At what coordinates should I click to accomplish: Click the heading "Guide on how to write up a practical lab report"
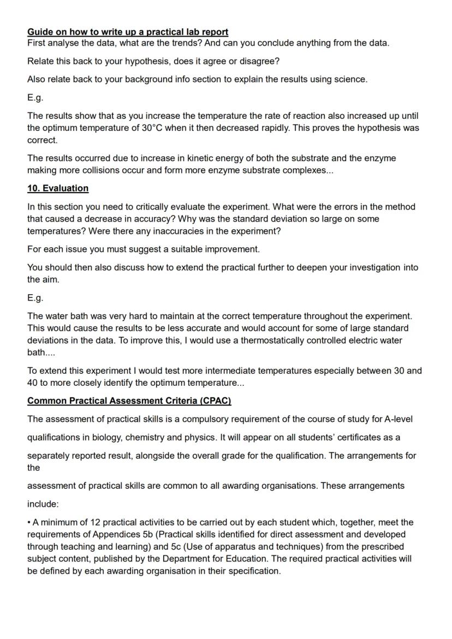click(128, 32)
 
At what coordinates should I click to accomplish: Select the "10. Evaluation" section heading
click(58, 188)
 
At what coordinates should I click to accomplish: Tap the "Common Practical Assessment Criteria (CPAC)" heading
click(129, 401)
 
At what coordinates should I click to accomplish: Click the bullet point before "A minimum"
click(29, 523)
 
